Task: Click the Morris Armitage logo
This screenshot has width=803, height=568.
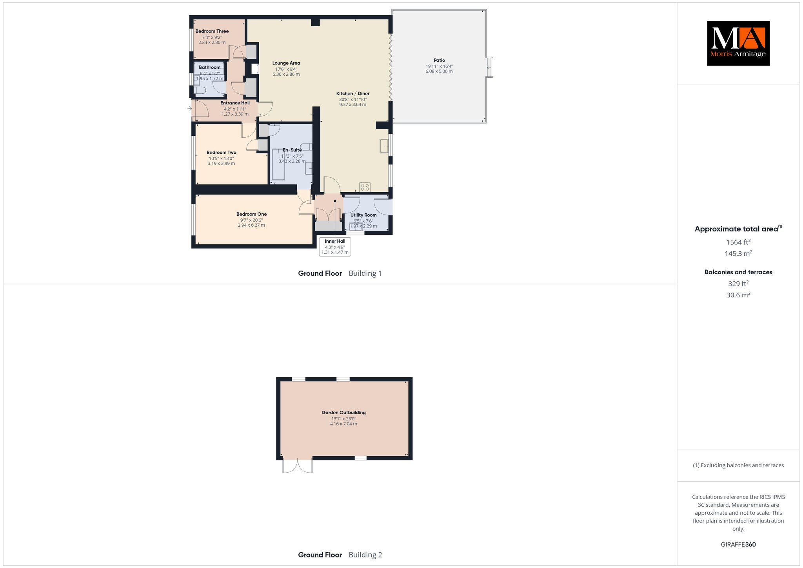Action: (x=738, y=43)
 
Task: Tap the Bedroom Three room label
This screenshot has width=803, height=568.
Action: (x=212, y=31)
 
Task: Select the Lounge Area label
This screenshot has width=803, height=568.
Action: (x=286, y=63)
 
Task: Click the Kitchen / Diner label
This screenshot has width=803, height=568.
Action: (x=353, y=93)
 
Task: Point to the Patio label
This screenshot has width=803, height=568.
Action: (x=439, y=60)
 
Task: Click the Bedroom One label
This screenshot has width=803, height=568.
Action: (x=251, y=214)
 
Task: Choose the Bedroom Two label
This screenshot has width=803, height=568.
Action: (x=222, y=153)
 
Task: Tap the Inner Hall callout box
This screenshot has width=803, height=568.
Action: (x=335, y=247)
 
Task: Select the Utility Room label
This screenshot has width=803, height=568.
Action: (x=363, y=215)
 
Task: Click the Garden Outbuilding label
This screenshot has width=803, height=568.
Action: (x=344, y=413)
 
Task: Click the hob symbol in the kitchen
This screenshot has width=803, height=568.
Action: (x=365, y=187)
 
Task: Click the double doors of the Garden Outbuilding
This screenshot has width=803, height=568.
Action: (x=298, y=465)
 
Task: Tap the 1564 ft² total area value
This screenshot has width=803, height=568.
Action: (x=738, y=242)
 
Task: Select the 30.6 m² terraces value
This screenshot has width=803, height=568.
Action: (x=738, y=295)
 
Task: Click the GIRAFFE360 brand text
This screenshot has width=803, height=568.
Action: (x=738, y=544)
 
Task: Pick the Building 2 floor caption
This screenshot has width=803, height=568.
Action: (x=365, y=555)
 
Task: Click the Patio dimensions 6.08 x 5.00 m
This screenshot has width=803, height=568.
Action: (x=439, y=71)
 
